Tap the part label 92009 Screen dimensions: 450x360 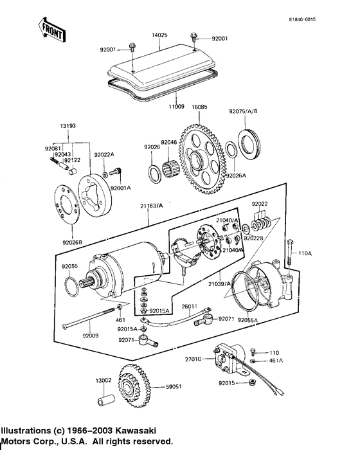[x=91, y=335]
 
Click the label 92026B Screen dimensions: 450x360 [x=73, y=242]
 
